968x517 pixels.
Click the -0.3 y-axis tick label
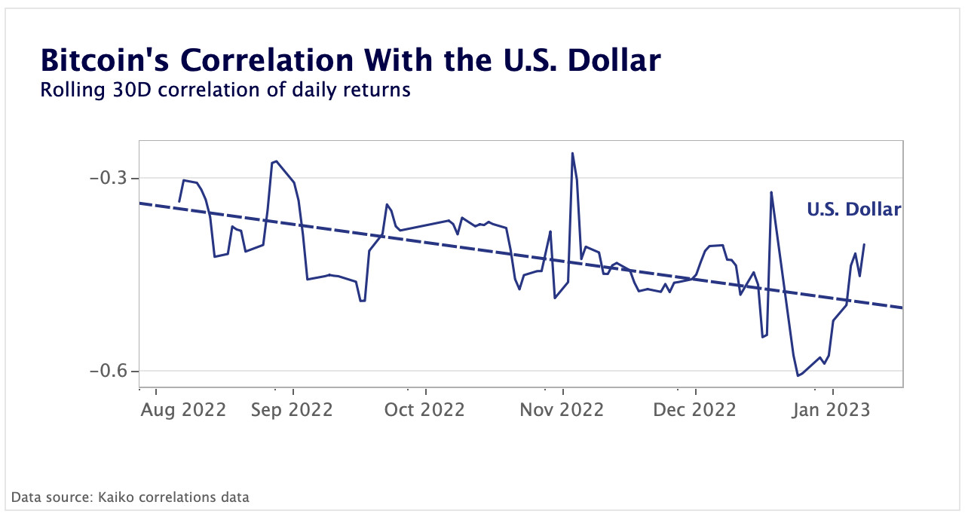point(109,179)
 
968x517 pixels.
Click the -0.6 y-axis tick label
point(109,372)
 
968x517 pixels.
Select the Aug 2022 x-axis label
point(184,410)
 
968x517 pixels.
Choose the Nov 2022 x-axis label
point(562,410)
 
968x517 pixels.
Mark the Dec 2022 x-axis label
point(694,410)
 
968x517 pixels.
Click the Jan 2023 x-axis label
point(829,410)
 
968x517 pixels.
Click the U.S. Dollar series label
point(853,210)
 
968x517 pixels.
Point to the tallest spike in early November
point(573,154)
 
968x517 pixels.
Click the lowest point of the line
point(798,375)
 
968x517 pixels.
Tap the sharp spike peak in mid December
point(771,192)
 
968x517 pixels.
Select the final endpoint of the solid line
point(864,244)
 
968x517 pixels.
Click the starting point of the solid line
point(179,202)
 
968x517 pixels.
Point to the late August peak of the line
point(277,161)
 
